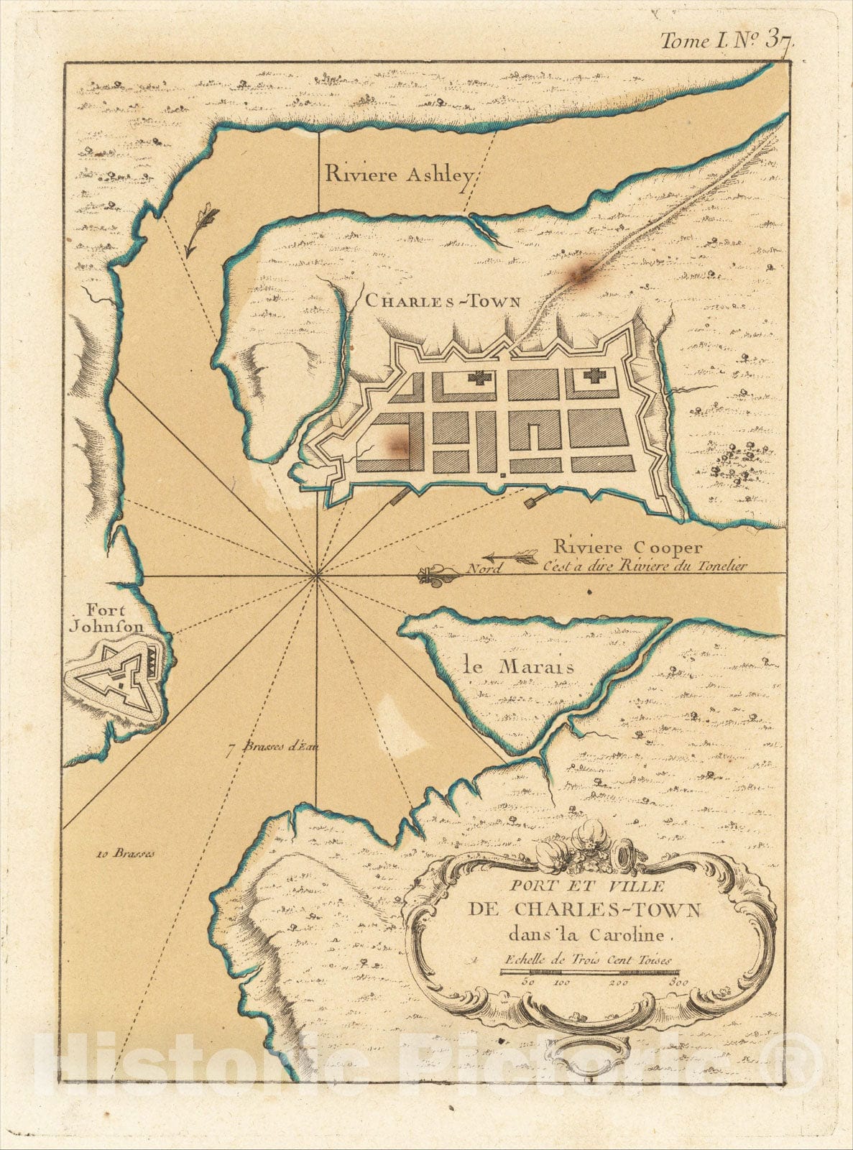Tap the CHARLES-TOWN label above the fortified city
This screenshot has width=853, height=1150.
443,302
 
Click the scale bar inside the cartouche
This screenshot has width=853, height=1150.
589,972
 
